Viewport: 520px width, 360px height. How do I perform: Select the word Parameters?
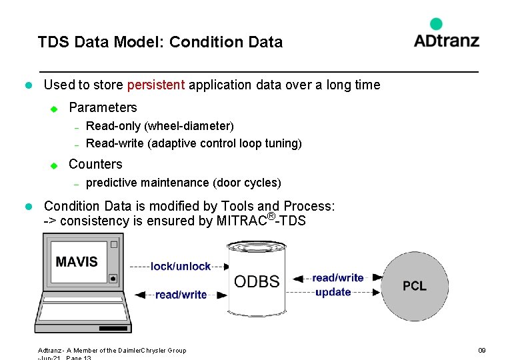(x=103, y=107)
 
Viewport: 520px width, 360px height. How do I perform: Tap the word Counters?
(x=95, y=164)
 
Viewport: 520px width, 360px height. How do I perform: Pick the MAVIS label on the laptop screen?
(x=77, y=262)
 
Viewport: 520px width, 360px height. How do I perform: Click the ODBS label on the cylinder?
(x=257, y=281)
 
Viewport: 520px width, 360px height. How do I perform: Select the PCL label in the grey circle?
(x=414, y=286)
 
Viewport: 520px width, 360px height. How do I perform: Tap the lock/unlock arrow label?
(x=181, y=267)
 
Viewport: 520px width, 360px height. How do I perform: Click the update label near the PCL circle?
(x=333, y=293)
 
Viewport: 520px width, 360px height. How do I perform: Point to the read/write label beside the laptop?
(x=181, y=295)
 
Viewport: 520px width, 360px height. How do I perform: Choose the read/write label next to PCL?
(x=338, y=278)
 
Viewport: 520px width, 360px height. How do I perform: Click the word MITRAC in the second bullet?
(x=241, y=221)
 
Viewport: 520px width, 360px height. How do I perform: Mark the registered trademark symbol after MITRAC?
(x=271, y=215)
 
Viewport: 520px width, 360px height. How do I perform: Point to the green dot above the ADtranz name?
(x=437, y=24)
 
